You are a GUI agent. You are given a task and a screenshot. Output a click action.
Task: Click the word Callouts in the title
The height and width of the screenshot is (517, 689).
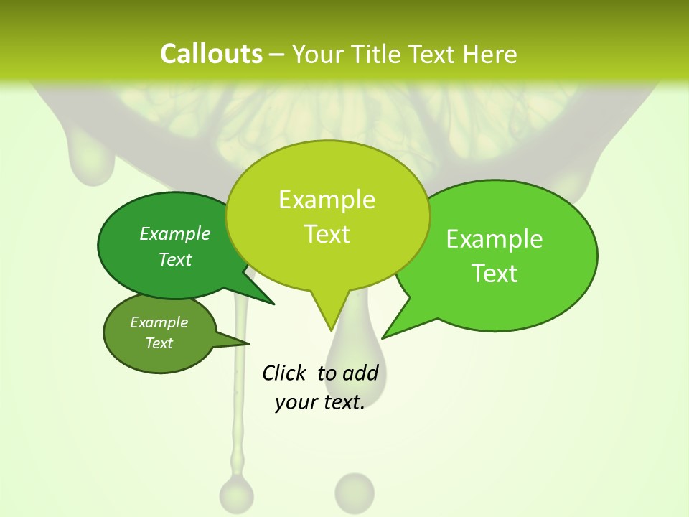pos(211,54)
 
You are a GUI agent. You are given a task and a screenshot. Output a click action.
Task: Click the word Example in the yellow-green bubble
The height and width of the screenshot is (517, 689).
pos(327,200)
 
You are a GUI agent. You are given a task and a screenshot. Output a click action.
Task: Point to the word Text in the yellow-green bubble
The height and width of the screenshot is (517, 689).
pos(327,234)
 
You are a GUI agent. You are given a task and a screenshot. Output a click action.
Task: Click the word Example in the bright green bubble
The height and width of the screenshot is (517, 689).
pos(495,239)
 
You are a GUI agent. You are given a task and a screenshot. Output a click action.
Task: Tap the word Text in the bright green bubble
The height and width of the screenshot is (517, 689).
pos(495,274)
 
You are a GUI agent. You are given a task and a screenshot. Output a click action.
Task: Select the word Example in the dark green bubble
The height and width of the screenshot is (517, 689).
pos(175,233)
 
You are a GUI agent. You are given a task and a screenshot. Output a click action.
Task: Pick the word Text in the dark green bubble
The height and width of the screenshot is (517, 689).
pos(175,259)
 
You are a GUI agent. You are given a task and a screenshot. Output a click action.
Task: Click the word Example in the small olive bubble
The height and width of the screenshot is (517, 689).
pos(159,322)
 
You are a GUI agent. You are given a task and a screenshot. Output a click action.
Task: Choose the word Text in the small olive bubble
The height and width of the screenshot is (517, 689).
pos(159,343)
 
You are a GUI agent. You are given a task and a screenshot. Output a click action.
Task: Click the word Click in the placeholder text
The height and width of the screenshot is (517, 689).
pos(283,373)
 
